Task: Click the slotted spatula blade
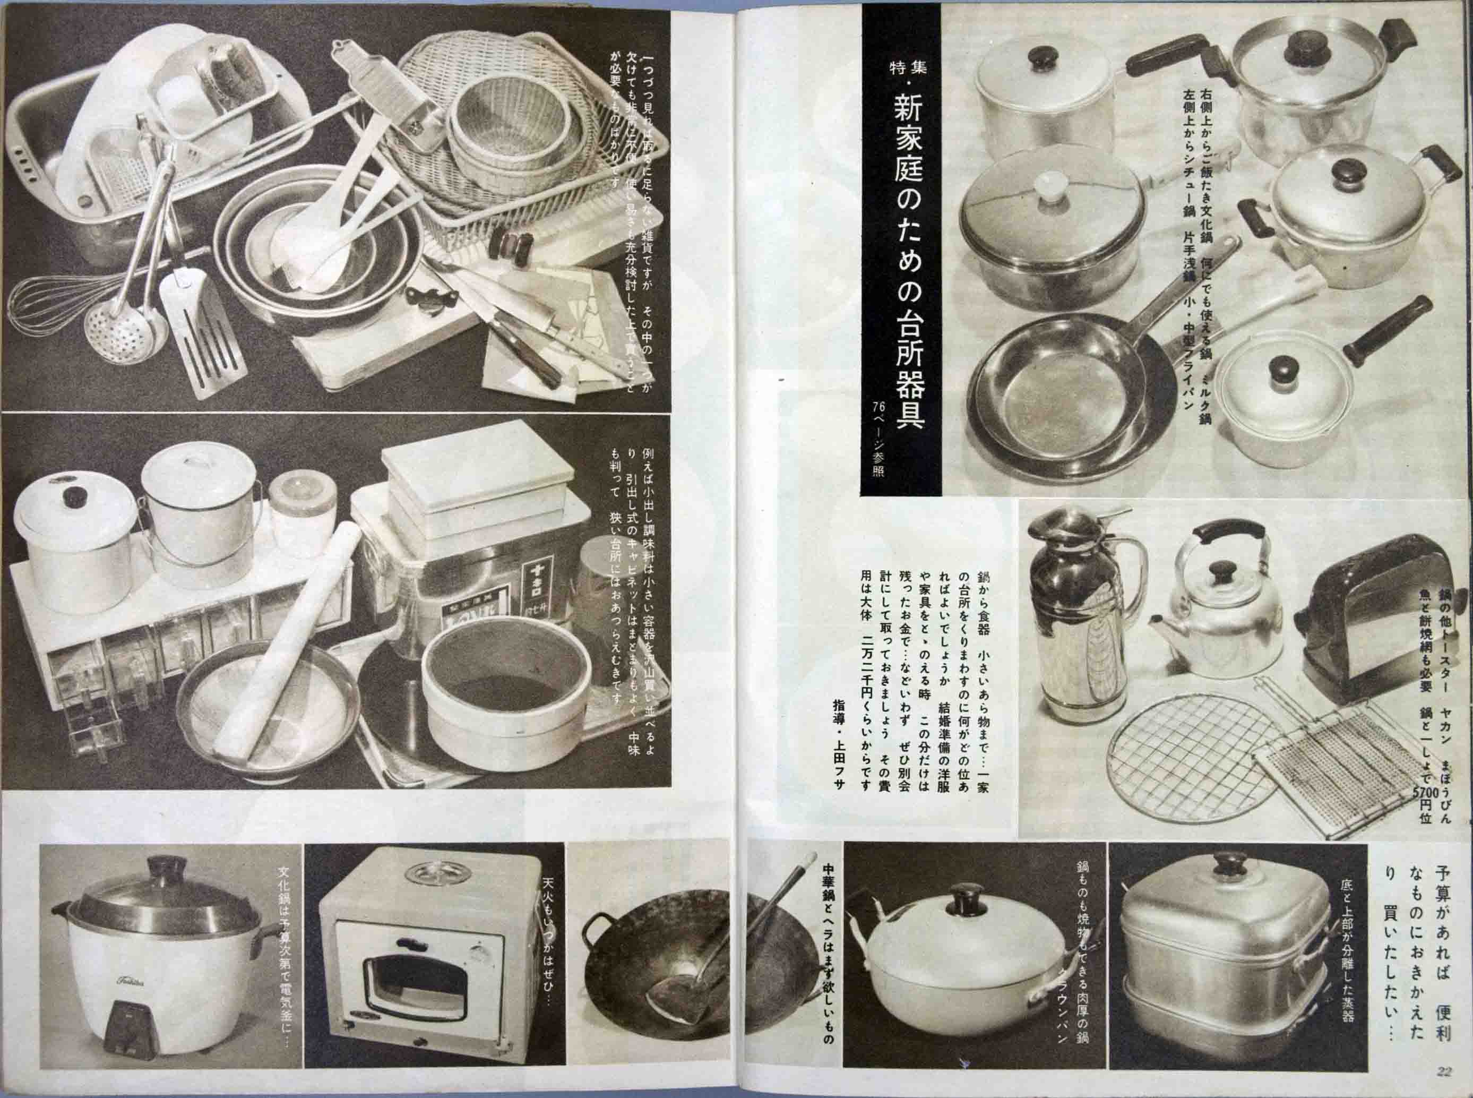tap(200, 352)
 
